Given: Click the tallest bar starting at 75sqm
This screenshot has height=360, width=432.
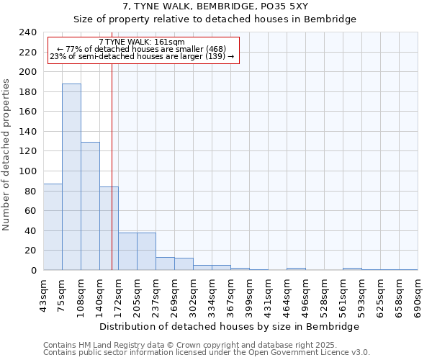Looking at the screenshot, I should [x=71, y=177].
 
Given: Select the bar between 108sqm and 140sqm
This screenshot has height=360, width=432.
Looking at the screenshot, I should [x=90, y=206].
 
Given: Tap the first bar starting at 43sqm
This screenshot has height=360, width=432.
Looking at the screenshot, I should [x=53, y=227].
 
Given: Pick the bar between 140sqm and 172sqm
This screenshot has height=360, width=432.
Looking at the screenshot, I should [x=109, y=228].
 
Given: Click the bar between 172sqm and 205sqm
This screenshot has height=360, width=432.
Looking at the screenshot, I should [x=127, y=251].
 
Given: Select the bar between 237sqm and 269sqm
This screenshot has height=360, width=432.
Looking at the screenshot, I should [x=165, y=264].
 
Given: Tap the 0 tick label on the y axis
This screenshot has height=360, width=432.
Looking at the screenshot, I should [x=34, y=271].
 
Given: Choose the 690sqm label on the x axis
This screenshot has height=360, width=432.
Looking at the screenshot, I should [x=418, y=295].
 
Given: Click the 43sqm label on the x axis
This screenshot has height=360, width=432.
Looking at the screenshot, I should [x=44, y=295].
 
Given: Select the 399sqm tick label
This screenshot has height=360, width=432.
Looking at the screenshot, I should [x=250, y=295].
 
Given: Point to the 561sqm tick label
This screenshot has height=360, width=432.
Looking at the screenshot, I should [x=343, y=295].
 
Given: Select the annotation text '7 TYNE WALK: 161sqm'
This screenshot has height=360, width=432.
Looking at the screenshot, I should [x=141, y=42].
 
